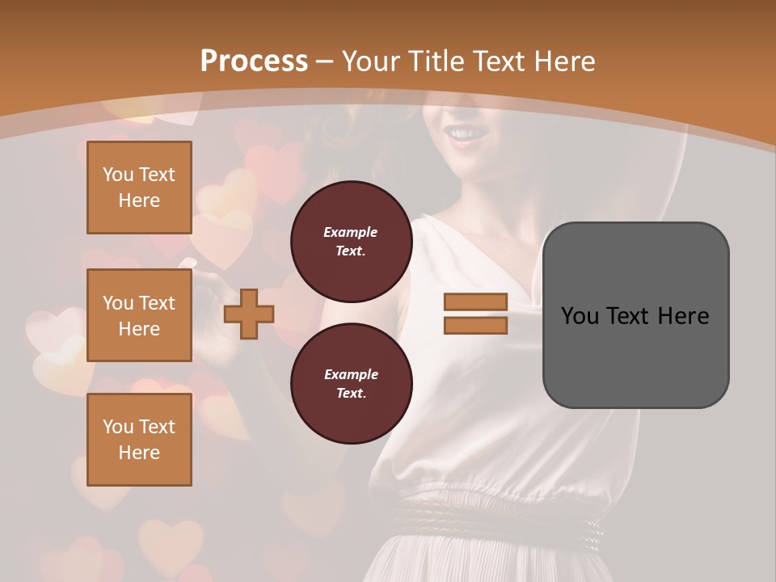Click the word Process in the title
254,61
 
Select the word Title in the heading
433,61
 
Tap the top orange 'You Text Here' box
139,188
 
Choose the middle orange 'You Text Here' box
139,315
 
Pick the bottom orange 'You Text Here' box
139,440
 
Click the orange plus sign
249,314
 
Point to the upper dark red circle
351,242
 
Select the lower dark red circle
351,383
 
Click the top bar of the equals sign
475,302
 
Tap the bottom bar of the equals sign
475,325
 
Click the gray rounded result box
635,315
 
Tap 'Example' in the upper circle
351,232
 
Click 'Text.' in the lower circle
351,394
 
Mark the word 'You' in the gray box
579,316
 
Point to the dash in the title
324,61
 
